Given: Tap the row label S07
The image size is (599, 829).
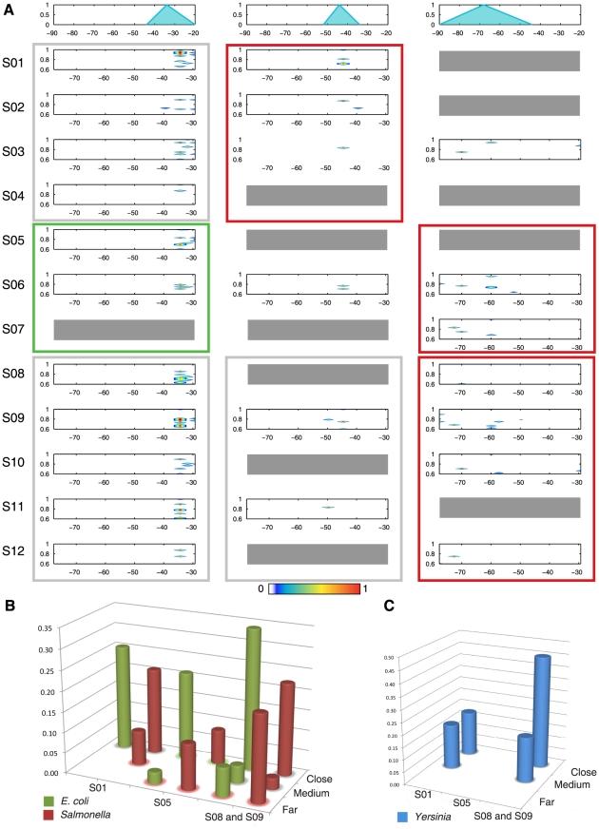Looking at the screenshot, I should pyautogui.click(x=14, y=329).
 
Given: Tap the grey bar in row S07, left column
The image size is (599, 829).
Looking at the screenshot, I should pyautogui.click(x=125, y=329).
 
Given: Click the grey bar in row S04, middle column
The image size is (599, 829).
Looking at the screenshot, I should pyautogui.click(x=317, y=195).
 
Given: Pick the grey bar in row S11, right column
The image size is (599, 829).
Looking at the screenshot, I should pyautogui.click(x=510, y=508).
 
